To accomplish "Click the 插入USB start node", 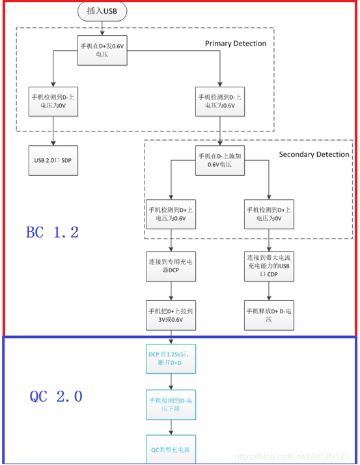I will pyautogui.click(x=102, y=11).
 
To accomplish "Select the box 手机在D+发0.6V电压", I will pyautogui.click(x=102, y=51).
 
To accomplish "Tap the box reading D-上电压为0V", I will pyautogui.click(x=53, y=101).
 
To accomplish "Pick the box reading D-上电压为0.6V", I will pyautogui.click(x=221, y=101).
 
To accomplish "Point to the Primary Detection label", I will pyautogui.click(x=235, y=44).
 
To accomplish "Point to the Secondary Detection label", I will pyautogui.click(x=314, y=154).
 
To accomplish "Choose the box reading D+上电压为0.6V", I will pyautogui.click(x=171, y=214).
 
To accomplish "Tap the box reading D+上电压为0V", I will pyautogui.click(x=270, y=214).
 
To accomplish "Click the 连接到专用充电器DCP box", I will pyautogui.click(x=171, y=267).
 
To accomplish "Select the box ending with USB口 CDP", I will pyautogui.click(x=270, y=267).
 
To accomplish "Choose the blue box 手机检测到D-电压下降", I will pyautogui.click(x=171, y=404).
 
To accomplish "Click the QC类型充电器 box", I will pyautogui.click(x=171, y=449).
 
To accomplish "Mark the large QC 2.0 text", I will pyautogui.click(x=56, y=396).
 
